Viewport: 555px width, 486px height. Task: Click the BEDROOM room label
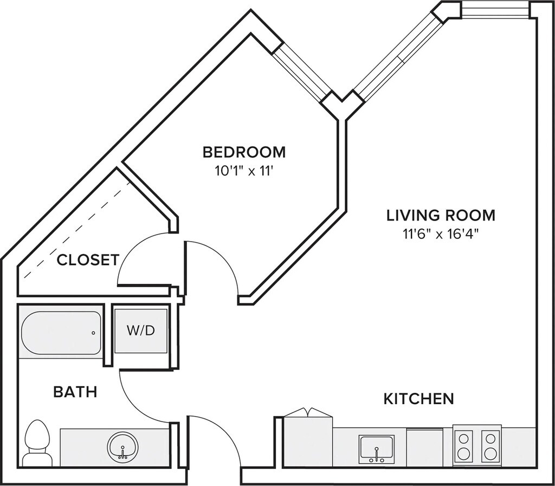pos(244,152)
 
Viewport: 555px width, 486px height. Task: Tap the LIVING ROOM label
pos(441,215)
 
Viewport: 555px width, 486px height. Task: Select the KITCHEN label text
pos(419,399)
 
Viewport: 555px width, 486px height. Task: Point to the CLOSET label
pos(88,260)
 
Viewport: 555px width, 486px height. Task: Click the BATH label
pos(75,392)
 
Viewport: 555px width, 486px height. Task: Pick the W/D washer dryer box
pos(141,331)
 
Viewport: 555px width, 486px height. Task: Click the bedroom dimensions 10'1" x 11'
pos(244,172)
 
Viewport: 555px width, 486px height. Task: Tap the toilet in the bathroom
pos(37,442)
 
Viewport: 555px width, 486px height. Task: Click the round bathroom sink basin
pos(122,446)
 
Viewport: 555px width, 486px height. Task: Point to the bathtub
pos(61,333)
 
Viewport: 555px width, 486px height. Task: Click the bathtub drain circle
pos(93,333)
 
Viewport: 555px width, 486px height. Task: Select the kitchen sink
pos(377,449)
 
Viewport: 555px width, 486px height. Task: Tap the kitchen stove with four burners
pos(477,445)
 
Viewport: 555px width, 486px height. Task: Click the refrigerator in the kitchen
pos(308,439)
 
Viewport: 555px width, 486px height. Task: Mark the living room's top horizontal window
pos(495,9)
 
